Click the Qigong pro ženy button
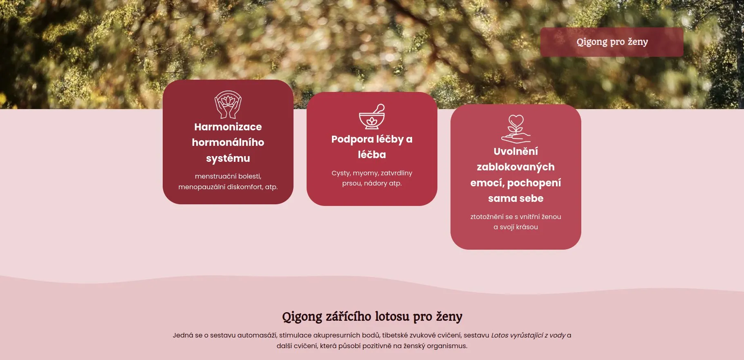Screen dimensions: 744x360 [612, 42]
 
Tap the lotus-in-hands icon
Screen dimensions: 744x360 [228, 105]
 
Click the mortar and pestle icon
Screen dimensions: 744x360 [372, 116]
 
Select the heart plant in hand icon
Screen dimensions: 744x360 [516, 129]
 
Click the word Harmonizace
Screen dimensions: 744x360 [228, 127]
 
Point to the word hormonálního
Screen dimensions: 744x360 [228, 142]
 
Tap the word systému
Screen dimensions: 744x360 [228, 158]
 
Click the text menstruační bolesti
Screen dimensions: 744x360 [228, 176]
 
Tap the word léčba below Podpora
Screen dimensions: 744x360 [372, 154]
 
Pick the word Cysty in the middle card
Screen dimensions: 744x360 [341, 173]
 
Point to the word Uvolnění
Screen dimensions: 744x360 [516, 151]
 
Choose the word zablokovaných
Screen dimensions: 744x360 [516, 167]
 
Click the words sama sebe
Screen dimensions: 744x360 [516, 198]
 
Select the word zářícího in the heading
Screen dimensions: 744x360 [348, 316]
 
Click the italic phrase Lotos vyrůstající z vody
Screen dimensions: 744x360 [528, 335]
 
